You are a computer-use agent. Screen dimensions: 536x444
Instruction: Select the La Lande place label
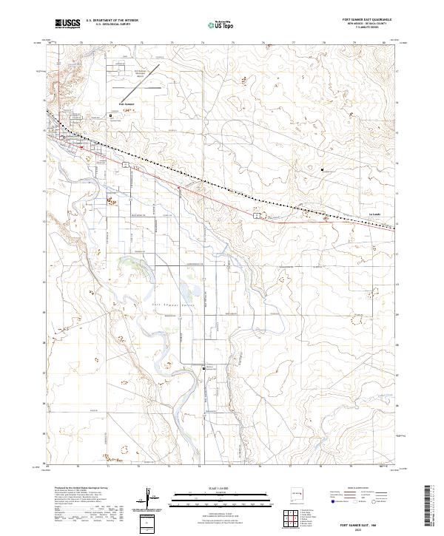coord(374,215)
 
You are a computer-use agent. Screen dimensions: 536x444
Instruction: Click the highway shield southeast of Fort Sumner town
coord(127,166)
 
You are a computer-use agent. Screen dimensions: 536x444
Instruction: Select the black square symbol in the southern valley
coord(205,367)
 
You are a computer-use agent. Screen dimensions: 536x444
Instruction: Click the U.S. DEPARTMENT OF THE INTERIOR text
coord(112,21)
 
